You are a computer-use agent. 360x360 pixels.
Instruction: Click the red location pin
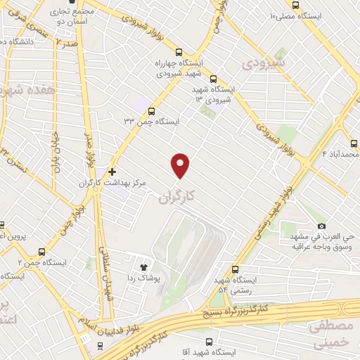(x=181, y=165)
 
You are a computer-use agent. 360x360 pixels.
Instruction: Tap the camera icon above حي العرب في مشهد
(x=321, y=226)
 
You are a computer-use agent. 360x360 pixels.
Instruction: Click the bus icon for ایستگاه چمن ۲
(x=43, y=251)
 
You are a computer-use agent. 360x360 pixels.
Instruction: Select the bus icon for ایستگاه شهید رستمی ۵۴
(x=235, y=269)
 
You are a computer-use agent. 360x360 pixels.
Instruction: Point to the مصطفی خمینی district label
(x=330, y=334)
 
